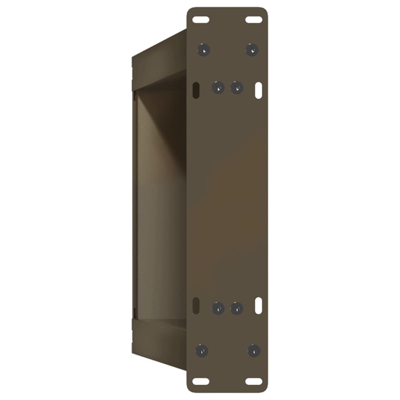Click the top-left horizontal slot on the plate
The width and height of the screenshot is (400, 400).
coord(201,19)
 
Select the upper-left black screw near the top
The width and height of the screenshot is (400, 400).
coord(204,50)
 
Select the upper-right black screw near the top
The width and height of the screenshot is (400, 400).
coord(252,50)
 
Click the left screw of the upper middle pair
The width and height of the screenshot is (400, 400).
coord(218,87)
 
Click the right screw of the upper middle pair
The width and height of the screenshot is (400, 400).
coord(237,87)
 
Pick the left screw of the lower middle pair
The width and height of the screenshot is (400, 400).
coord(218,308)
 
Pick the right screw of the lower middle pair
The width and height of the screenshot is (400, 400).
coord(237,308)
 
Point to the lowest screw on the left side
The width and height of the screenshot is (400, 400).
coord(202,350)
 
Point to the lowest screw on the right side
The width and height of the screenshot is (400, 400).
coord(254,350)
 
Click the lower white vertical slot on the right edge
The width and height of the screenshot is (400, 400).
coord(259,305)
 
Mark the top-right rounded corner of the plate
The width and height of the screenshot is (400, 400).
coord(265,11)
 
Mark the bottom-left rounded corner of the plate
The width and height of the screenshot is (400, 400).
coord(190,389)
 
